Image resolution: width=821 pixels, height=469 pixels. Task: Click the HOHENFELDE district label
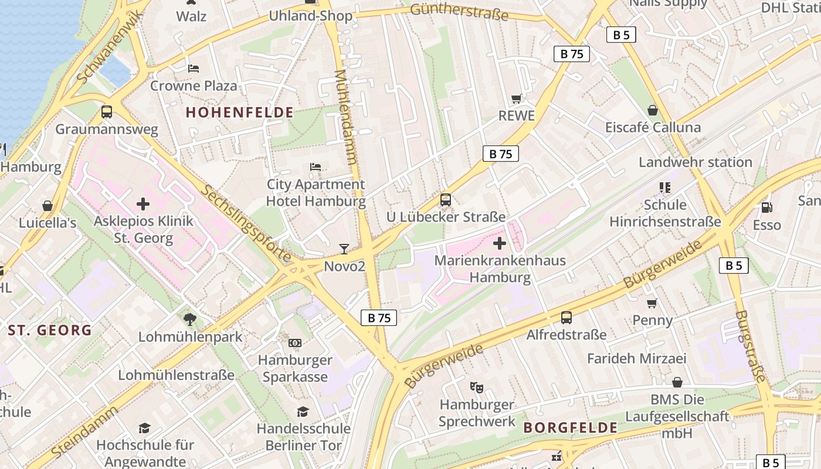(239, 112)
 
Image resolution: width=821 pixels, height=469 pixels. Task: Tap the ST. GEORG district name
(50, 330)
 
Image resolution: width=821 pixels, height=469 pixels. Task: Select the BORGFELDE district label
(571, 427)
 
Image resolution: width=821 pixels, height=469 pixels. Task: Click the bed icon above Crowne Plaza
(194, 69)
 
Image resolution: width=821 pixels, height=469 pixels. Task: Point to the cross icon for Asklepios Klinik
(143, 204)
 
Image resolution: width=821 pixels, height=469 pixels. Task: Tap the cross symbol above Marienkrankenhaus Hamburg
(500, 243)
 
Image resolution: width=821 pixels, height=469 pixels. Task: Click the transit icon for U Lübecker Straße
(446, 200)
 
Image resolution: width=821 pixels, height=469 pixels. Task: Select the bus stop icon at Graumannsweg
(107, 112)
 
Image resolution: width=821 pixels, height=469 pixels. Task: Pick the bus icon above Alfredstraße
(566, 318)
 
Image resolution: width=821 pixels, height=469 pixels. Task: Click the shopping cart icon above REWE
(516, 99)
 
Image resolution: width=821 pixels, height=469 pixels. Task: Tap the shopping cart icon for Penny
(652, 303)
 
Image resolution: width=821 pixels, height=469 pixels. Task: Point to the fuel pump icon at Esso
(766, 208)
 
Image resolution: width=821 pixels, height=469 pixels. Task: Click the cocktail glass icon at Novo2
(344, 249)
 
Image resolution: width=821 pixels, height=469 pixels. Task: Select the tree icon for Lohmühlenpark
(189, 320)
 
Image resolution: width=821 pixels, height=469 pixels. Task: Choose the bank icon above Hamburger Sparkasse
(295, 342)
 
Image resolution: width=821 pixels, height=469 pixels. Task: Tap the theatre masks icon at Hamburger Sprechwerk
(476, 387)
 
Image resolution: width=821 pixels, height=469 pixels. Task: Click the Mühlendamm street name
(345, 117)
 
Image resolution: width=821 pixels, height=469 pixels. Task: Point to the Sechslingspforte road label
(246, 223)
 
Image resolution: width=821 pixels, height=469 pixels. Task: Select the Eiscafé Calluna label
(653, 127)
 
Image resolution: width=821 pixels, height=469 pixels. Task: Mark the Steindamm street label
(84, 433)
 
